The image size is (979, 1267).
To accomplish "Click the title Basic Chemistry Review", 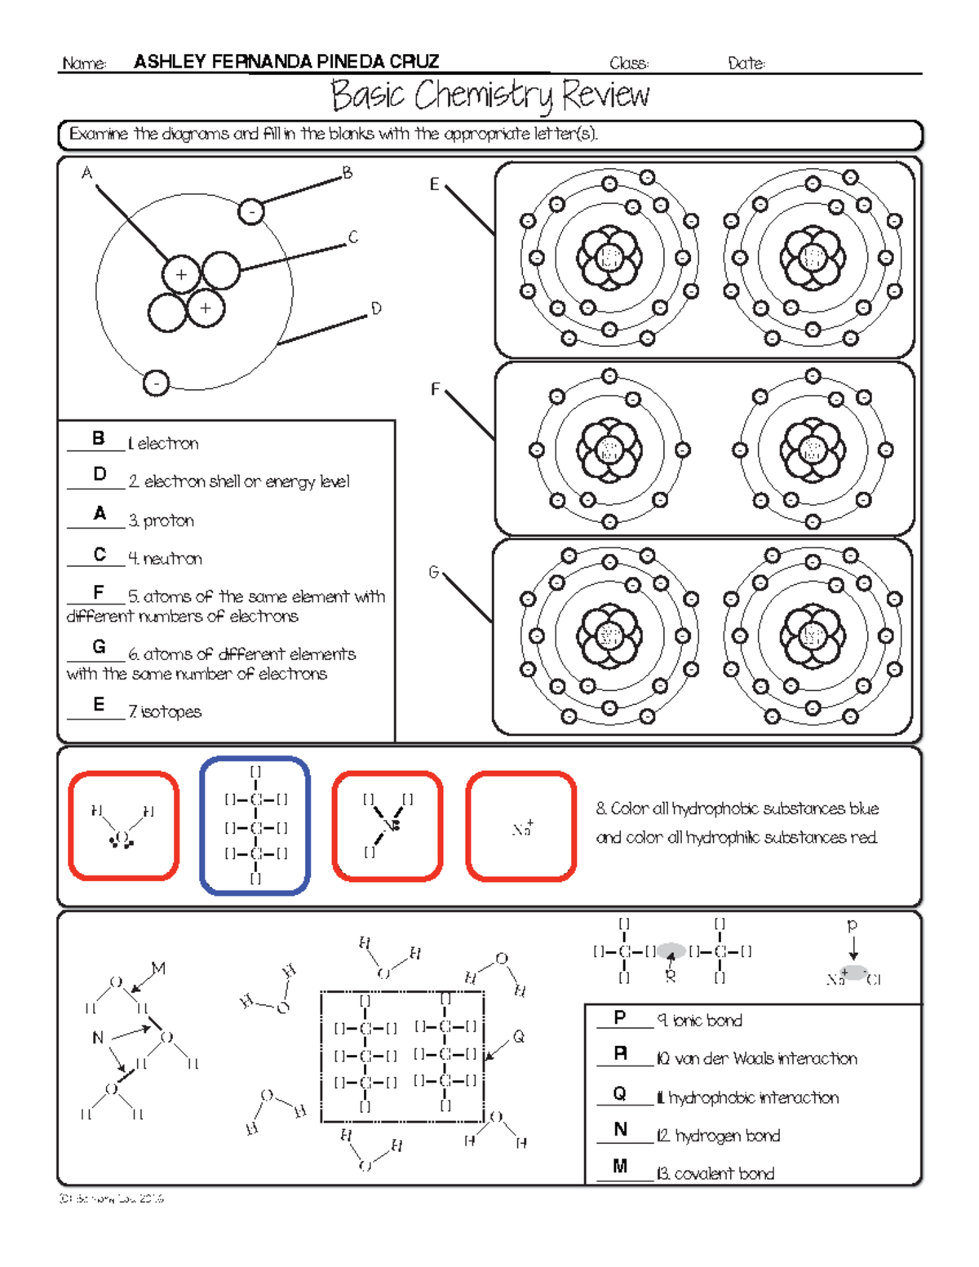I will [489, 95].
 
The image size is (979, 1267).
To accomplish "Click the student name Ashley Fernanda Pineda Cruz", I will [286, 62].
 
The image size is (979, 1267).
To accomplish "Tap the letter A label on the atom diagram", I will [87, 173].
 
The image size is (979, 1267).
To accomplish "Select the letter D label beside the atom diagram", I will [376, 308].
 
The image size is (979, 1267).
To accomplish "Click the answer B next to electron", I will [98, 438].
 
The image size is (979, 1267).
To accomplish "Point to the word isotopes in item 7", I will [171, 712].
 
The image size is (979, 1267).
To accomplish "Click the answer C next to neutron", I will [100, 554].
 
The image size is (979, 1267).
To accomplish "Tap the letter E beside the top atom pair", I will [435, 184].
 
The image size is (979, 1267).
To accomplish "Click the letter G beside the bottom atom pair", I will [434, 572].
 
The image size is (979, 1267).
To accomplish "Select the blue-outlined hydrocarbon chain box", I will [255, 825].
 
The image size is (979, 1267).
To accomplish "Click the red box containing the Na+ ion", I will [521, 826].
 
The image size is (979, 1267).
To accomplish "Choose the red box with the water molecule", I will [124, 826].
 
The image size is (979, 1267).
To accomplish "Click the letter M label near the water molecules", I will [158, 968].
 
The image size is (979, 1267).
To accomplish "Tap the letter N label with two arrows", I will [98, 1038].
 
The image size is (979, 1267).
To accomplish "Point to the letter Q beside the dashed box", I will [518, 1037].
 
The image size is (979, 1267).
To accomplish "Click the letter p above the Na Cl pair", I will [853, 925].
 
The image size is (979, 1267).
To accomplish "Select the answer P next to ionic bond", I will [620, 1017].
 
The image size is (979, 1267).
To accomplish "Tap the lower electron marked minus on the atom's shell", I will [156, 383].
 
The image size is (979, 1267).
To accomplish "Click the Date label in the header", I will [746, 64].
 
